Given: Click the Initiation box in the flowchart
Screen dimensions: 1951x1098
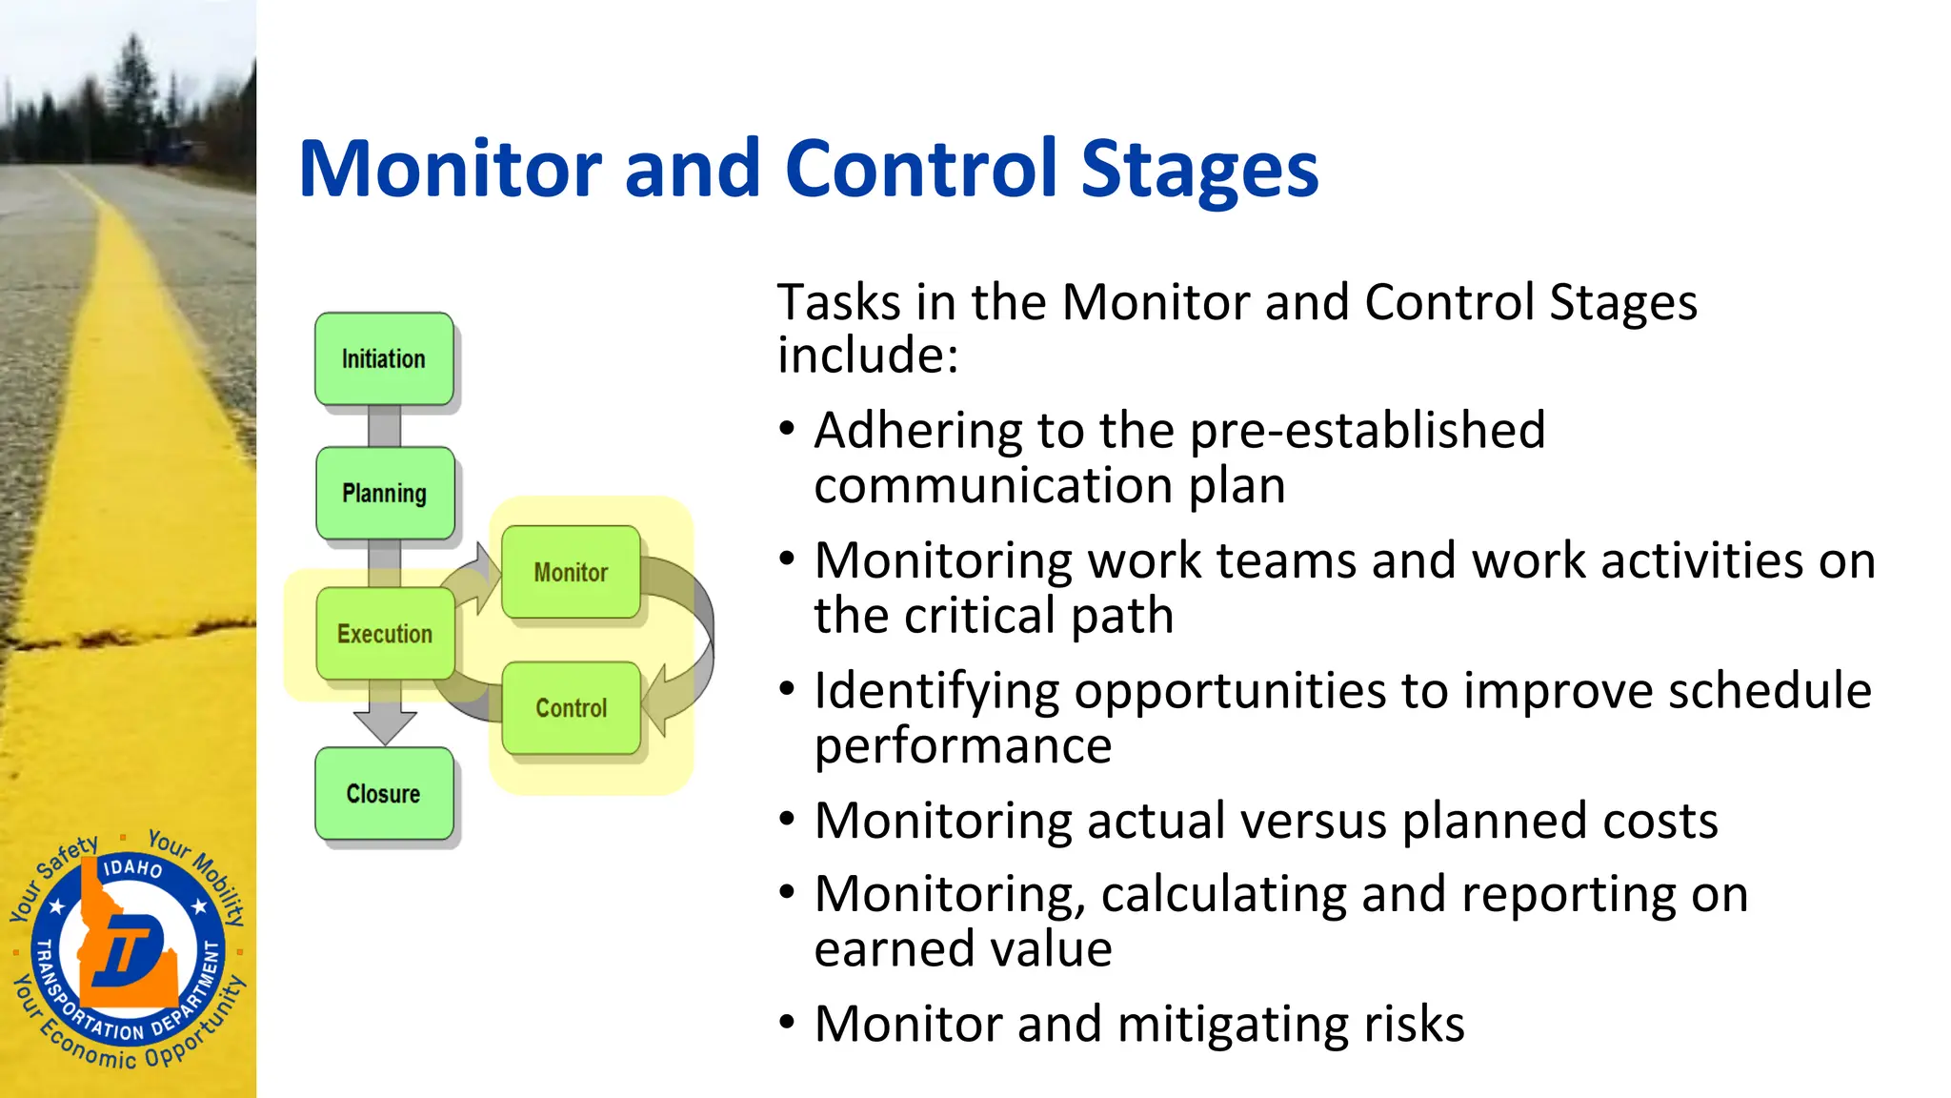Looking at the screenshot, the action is pos(384,359).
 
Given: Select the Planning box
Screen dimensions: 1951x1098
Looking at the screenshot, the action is pos(385,494).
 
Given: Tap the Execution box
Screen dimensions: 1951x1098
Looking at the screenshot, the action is pos(385,634).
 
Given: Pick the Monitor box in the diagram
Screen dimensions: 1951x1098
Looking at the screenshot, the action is pos(571,572).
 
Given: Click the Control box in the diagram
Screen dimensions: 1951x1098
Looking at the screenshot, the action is pos(571,708).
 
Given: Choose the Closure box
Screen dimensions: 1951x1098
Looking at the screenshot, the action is pos(384,794).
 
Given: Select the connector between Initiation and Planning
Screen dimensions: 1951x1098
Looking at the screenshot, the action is pos(385,426).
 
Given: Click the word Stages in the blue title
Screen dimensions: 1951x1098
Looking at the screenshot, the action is pos(1199,170).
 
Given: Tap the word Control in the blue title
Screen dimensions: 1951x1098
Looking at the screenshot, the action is pos(921,170).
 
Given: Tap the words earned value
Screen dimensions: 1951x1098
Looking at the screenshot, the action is pos(962,949).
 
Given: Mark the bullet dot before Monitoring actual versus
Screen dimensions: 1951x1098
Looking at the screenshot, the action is pos(786,819).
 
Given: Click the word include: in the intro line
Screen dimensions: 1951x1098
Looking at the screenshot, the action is pos(867,356).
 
